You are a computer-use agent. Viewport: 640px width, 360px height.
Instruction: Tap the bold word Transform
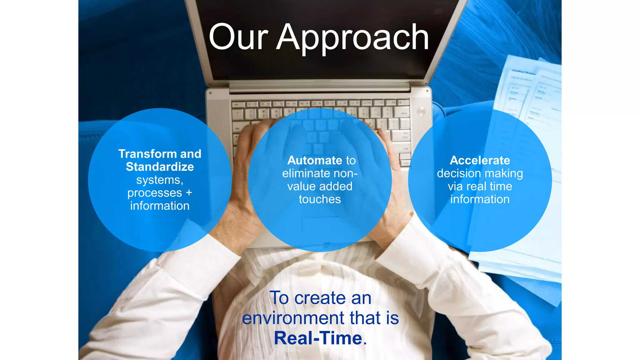147,154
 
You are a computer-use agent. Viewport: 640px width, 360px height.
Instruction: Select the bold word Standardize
160,167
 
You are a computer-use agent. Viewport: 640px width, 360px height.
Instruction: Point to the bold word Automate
315,160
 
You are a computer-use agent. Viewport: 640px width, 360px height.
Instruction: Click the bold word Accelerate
480,160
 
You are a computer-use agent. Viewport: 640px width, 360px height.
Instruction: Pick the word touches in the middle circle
320,199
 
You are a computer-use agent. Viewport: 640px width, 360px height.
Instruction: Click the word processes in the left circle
154,193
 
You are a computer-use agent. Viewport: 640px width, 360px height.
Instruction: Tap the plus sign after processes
189,192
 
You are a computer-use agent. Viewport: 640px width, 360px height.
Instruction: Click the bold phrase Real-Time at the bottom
318,338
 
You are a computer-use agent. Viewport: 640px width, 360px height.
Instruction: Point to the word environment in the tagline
293,318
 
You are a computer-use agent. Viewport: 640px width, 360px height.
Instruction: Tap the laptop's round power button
421,111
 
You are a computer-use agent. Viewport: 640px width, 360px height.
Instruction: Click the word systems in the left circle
159,180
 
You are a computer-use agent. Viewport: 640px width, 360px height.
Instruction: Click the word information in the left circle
160,206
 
